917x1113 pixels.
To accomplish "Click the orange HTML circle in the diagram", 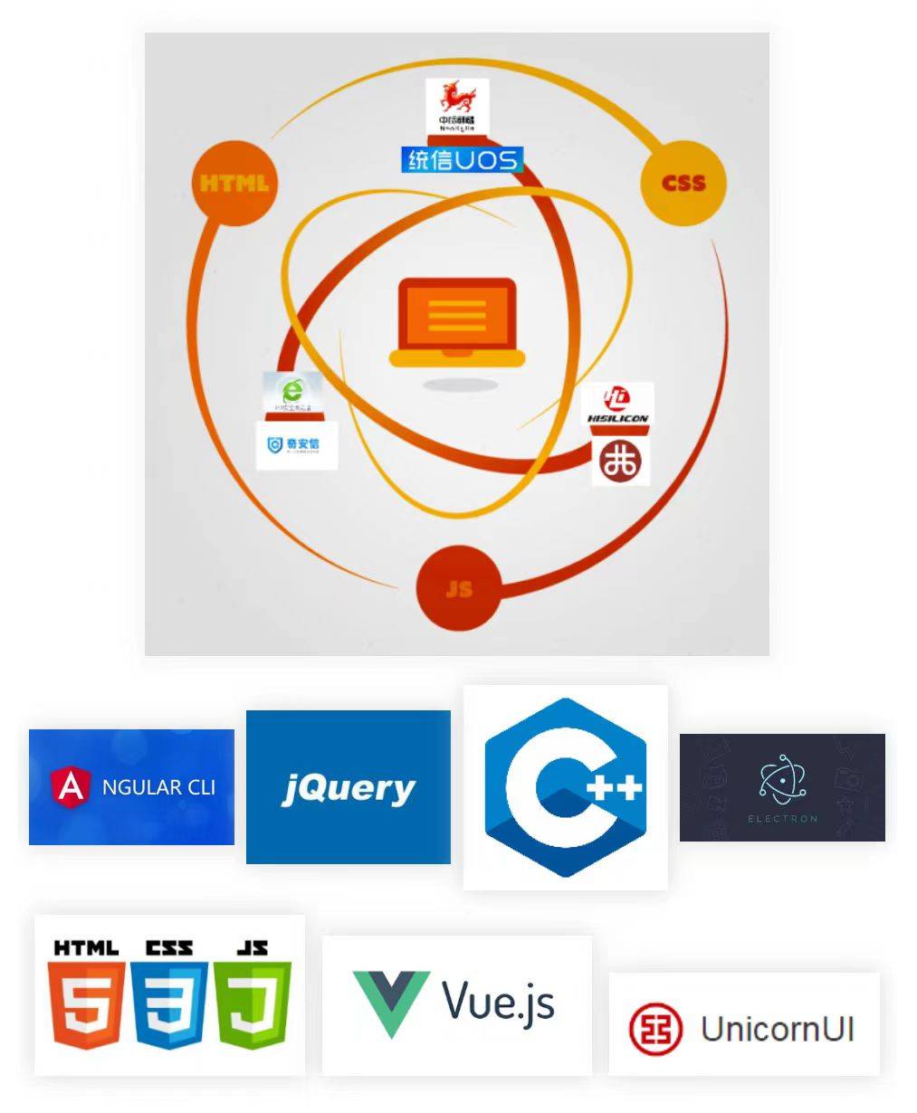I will coord(234,184).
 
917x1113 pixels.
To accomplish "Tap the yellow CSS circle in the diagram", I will coord(683,183).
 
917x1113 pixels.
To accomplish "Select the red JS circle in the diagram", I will coord(459,588).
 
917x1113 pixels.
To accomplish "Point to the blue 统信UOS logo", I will coord(462,160).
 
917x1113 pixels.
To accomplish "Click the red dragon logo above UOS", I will coord(457,105).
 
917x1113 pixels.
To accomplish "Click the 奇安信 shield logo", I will coord(296,445).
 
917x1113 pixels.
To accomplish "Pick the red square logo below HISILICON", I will coord(621,461).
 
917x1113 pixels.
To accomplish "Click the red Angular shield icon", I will coord(72,785).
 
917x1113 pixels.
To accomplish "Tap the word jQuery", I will coord(349,788).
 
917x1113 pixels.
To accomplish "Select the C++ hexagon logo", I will coord(566,787).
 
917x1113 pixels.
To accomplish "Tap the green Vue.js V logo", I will coord(390,1003).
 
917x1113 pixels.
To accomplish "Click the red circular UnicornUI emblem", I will coord(655,1029).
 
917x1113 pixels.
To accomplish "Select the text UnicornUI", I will coord(778,1029).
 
